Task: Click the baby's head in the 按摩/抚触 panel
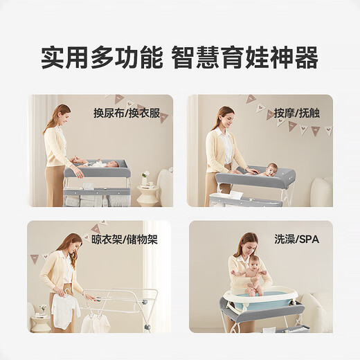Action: (271, 168)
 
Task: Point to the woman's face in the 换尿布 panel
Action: (63, 115)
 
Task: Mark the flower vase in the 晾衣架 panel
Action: (42, 309)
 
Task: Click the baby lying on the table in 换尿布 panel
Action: (104, 164)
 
